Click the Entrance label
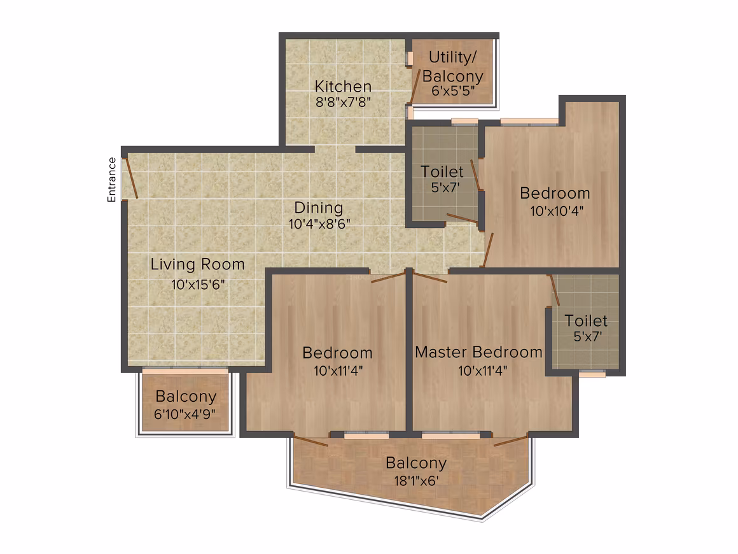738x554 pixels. click(111, 180)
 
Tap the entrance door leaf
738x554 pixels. click(131, 178)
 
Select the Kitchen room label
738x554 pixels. click(343, 86)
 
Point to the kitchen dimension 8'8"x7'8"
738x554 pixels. click(343, 102)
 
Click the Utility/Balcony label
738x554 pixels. click(453, 66)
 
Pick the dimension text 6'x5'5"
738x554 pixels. click(453, 90)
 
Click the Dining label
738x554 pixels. click(319, 208)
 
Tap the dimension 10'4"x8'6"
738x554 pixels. click(319, 224)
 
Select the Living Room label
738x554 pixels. click(198, 264)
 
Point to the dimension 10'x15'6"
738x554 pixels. click(198, 285)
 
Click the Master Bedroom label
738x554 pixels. click(478, 352)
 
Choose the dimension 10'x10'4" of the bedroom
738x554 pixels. click(557, 211)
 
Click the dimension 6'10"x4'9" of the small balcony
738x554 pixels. click(185, 414)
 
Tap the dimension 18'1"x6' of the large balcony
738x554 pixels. click(416, 481)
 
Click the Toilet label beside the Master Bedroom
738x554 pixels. click(586, 321)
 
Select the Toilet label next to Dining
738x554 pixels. click(442, 171)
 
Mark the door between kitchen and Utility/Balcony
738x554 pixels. click(415, 87)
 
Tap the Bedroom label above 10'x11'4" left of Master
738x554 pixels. click(337, 353)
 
